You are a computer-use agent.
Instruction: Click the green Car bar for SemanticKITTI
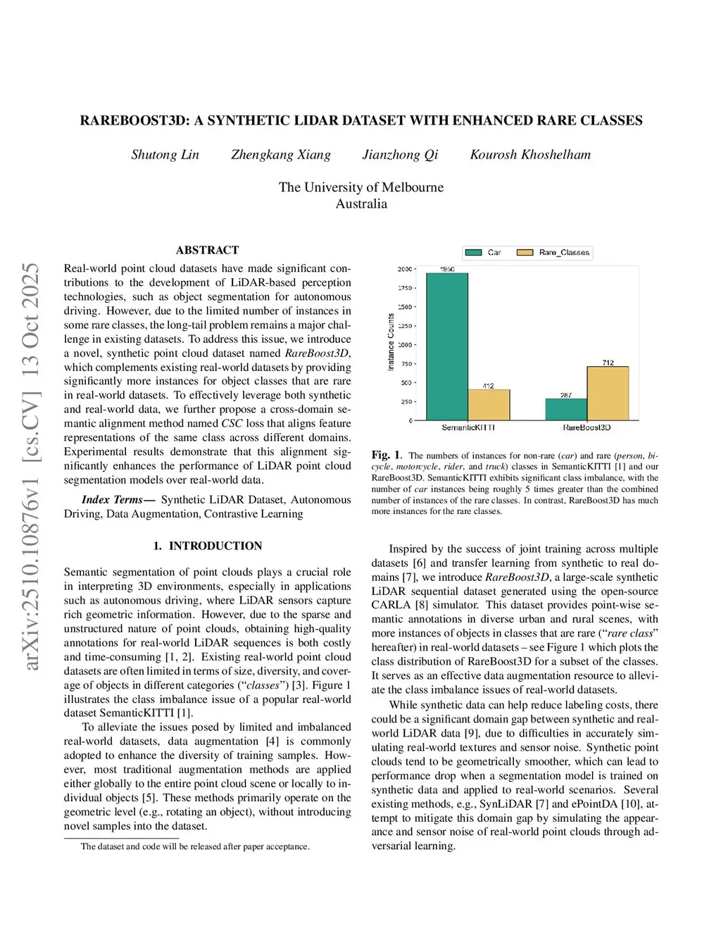pos(447,346)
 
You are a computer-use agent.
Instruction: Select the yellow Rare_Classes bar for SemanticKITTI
pos(489,405)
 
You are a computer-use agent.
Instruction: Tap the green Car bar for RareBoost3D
pos(566,410)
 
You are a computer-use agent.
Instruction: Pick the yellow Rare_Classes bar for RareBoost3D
pos(608,394)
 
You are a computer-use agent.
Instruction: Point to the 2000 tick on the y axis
pos(405,269)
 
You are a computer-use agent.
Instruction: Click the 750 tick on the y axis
pos(406,364)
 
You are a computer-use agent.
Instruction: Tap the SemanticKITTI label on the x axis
pos(468,427)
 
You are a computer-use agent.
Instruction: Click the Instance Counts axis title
pos(391,342)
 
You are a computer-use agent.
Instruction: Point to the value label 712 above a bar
pos(608,363)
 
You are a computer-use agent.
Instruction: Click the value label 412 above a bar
pos(488,386)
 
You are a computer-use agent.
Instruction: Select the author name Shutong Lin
pos(165,155)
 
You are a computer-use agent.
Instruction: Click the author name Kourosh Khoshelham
pos(530,155)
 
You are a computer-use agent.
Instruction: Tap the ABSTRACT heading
pos(207,250)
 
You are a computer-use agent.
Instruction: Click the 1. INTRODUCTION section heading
pos(207,546)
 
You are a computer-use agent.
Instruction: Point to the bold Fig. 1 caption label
pos(386,455)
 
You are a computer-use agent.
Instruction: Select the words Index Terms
pos(113,499)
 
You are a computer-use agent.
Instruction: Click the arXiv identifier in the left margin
pos(30,466)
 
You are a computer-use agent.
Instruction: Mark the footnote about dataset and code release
pos(195,846)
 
